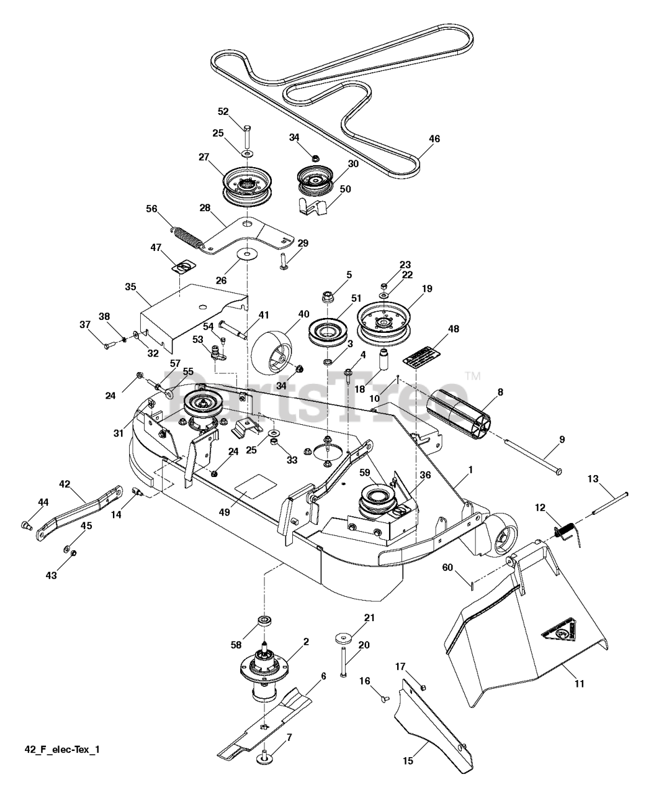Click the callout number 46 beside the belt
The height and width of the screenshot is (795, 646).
[434, 139]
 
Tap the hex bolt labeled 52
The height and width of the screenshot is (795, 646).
[246, 137]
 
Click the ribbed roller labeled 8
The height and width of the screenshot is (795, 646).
[459, 413]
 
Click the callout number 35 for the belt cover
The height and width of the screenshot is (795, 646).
[130, 287]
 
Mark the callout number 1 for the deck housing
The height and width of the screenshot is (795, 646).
[470, 470]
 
